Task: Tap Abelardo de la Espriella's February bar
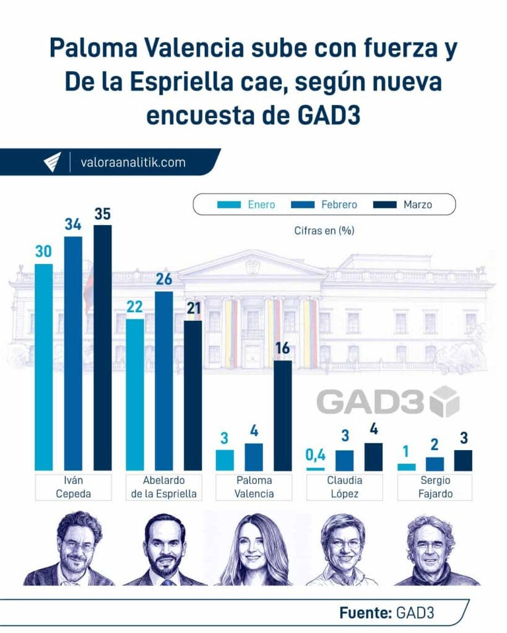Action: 163,380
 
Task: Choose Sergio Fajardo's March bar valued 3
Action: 462,460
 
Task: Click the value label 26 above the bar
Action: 163,279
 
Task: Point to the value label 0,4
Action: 316,456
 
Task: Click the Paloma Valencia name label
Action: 254,486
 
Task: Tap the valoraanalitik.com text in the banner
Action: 133,163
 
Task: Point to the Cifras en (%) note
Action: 324,231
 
